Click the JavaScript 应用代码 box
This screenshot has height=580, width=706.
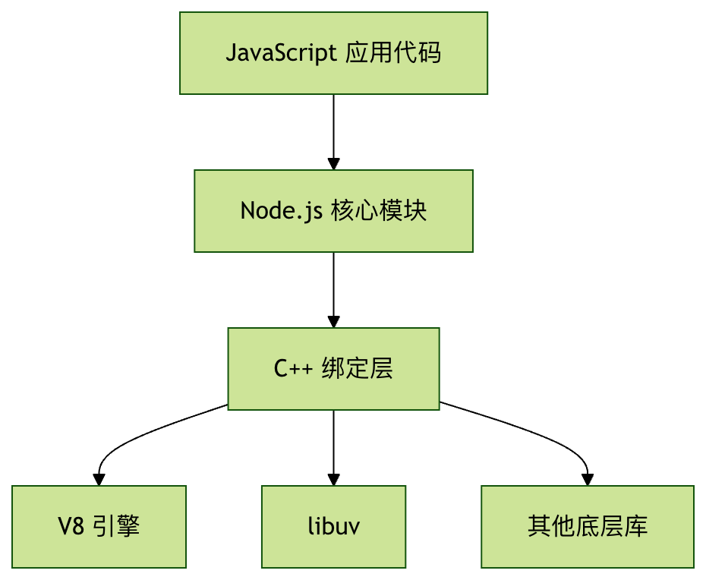(333, 53)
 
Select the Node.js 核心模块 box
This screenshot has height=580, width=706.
(333, 211)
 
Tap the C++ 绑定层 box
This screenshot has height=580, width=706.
(333, 369)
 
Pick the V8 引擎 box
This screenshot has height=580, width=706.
(99, 527)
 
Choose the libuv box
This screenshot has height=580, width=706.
(333, 527)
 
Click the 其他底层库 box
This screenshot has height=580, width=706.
(587, 527)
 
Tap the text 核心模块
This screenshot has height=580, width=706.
(380, 211)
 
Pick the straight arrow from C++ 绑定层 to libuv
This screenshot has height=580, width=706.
(333, 444)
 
